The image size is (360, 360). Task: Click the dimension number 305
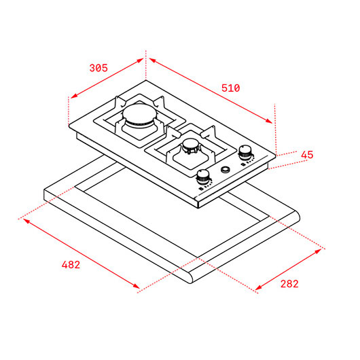coord(98,68)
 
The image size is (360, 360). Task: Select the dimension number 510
coord(230,88)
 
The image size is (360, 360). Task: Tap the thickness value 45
coord(307,155)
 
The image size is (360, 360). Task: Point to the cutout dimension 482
coord(71,265)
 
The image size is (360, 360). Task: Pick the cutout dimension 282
coord(289,284)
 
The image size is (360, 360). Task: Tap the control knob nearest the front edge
coord(202,177)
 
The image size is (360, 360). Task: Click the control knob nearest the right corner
coord(245,152)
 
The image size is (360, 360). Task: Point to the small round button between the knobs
coord(226,169)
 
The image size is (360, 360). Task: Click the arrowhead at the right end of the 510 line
coord(269,121)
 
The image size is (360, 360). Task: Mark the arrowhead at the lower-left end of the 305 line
coord(73,96)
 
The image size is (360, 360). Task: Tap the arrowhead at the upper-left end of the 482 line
coord(26,221)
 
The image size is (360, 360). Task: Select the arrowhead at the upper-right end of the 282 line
coord(319,251)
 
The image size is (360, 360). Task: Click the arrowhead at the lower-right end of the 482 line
coord(137,286)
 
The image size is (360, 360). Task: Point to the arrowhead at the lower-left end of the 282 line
coord(259,287)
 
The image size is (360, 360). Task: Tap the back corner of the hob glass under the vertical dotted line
coord(145,80)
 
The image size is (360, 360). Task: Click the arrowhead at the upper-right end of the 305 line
coord(140,60)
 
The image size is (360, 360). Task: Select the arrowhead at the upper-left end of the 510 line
coord(152,60)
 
